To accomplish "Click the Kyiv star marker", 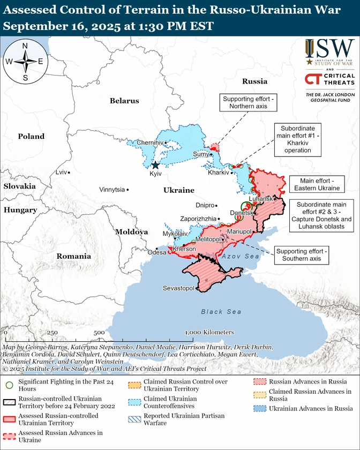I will [155, 166].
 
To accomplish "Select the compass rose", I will [25, 62].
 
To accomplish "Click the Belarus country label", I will [124, 101].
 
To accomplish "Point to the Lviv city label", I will [62, 172].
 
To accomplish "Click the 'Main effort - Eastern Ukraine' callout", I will [316, 184].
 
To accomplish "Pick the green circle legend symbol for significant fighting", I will [9, 385].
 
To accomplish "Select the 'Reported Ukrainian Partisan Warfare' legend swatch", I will [135, 419].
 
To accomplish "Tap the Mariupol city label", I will [239, 231].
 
